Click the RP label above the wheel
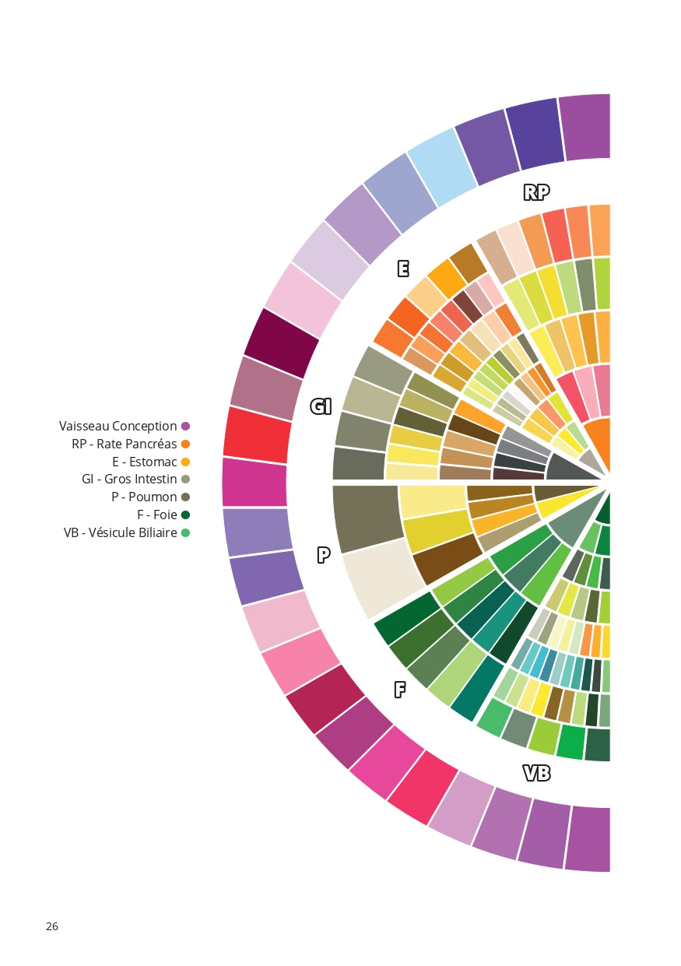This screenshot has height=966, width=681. (536, 192)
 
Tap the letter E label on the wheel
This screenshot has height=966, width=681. (403, 269)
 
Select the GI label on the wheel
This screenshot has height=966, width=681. (321, 406)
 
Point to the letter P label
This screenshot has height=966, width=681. (324, 555)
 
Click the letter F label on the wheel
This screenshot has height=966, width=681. (400, 689)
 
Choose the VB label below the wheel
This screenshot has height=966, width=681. (536, 773)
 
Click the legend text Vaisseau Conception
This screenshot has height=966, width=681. (118, 426)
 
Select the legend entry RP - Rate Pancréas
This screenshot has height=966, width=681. (124, 444)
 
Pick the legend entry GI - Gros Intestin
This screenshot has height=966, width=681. (129, 479)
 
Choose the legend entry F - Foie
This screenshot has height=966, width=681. (156, 515)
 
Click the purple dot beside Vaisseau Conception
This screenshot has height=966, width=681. (185, 426)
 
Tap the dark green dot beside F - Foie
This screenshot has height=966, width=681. (185, 515)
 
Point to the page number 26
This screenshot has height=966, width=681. (52, 926)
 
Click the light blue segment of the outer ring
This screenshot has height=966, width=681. (441, 167)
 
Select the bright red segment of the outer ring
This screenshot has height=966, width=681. (256, 432)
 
